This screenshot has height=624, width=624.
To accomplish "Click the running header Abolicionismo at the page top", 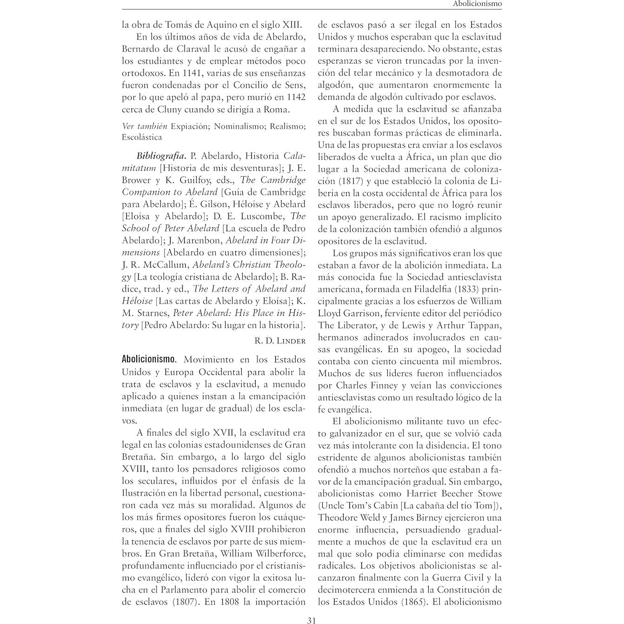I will point(477,4).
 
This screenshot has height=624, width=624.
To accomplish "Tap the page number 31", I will point(312,620).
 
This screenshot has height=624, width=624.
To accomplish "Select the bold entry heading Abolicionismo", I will point(149,359).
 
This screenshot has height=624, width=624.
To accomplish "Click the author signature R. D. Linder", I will point(280,341).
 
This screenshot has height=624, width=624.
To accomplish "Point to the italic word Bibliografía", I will point(161,156).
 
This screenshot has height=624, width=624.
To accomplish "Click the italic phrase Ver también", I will point(144,126).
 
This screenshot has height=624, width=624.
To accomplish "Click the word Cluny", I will point(169,109).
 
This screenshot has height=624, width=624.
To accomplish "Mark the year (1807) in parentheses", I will point(174,602).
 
